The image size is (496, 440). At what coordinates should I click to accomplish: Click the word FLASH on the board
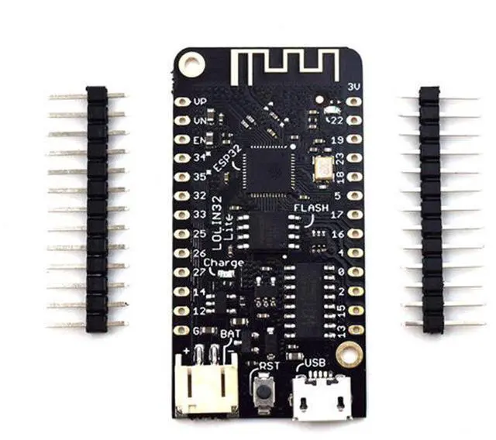tap(311, 208)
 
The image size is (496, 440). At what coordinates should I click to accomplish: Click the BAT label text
tap(230, 334)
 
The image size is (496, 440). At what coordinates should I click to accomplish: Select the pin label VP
tap(200, 102)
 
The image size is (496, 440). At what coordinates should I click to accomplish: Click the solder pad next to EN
tap(181, 139)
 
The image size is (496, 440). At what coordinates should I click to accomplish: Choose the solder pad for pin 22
tap(354, 120)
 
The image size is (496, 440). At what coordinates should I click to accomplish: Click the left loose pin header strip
tap(96, 209)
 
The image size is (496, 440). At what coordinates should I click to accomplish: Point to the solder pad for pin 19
tap(354, 139)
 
